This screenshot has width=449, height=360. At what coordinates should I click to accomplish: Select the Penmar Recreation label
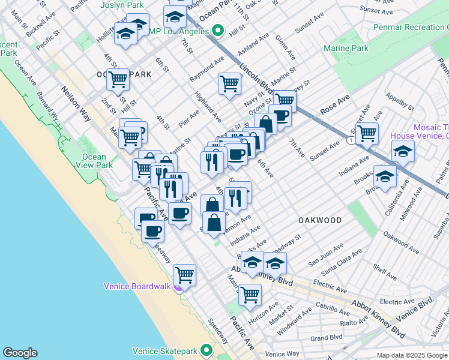coord(411,28)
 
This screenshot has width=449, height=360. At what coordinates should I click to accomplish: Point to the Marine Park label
coord(346,48)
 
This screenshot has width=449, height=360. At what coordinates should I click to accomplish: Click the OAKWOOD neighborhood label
coord(320,220)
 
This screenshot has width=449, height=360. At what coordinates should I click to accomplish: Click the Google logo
coord(20,353)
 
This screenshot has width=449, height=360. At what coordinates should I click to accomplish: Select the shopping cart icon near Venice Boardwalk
coord(185,275)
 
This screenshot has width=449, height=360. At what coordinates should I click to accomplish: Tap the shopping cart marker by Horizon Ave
coord(250,294)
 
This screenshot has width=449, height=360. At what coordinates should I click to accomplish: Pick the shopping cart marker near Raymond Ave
coord(229,83)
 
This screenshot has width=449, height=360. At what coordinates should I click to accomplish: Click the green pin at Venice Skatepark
coord(207,350)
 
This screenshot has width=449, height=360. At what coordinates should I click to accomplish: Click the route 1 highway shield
coord(349,140)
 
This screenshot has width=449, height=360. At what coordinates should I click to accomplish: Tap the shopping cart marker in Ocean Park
coord(117,78)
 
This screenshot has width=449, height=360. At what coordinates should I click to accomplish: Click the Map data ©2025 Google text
coord(411,355)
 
